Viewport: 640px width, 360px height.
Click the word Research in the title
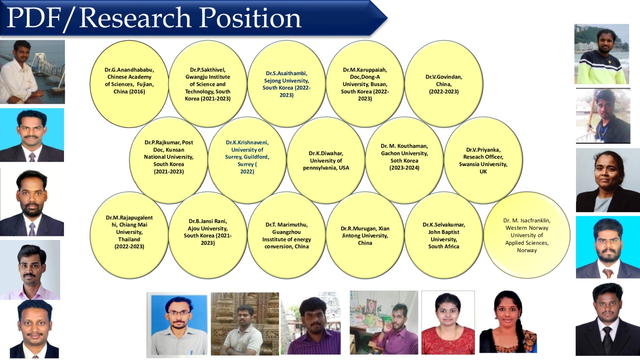click(x=135, y=18)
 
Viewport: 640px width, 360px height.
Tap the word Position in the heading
click(x=250, y=18)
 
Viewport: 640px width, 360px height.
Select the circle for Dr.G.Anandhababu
click(x=129, y=84)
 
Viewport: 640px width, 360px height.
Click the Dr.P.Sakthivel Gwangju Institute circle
click(x=208, y=84)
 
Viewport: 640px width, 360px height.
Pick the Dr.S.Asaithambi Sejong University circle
click(x=286, y=84)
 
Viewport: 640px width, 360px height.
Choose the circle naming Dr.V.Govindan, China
click(x=444, y=84)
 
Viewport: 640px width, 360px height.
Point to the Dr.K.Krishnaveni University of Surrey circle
click(x=247, y=160)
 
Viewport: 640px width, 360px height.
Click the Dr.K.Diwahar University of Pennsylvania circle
click(x=326, y=160)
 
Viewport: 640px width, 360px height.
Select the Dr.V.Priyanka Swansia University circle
click(x=483, y=160)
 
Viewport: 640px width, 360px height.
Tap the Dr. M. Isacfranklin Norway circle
click(x=527, y=235)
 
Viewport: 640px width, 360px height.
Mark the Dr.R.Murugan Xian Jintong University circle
click(x=365, y=235)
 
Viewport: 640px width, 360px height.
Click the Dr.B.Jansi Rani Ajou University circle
click(x=208, y=235)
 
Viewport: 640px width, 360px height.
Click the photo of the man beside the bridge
click(x=32, y=72)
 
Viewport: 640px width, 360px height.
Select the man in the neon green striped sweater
click(x=602, y=54)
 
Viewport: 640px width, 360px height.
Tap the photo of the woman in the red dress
click(x=448, y=322)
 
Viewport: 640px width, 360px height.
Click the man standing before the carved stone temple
click(x=245, y=324)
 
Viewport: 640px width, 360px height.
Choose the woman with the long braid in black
click(x=508, y=321)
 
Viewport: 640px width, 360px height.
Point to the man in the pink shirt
click(x=30, y=270)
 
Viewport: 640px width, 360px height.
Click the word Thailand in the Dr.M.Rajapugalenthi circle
click(x=129, y=240)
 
